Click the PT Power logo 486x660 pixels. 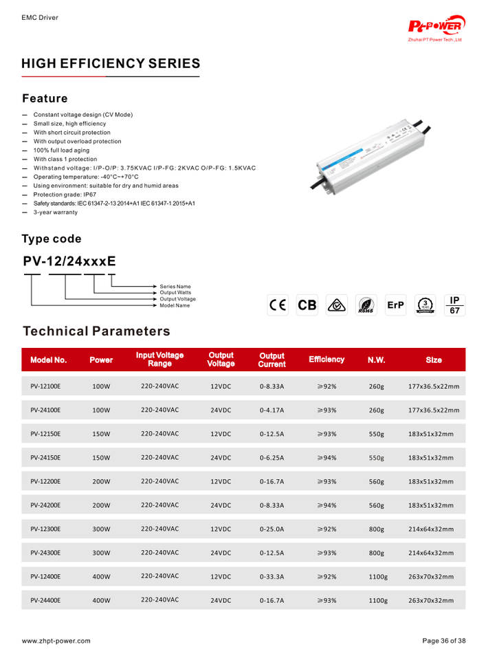tap(437, 27)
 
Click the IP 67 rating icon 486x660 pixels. tap(454, 305)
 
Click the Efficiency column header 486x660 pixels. tap(327, 360)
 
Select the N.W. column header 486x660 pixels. tap(377, 360)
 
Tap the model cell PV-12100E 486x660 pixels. tap(45, 386)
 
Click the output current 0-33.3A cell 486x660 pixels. tap(272, 577)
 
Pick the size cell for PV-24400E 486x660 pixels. tap(431, 600)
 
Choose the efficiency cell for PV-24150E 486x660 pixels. tap(327, 457)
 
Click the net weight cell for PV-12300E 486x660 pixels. tap(377, 529)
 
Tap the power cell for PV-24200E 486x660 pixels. tap(101, 505)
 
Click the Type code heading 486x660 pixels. tap(52, 239)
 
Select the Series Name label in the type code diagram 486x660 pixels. tap(175, 286)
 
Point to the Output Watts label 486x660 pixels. tap(175, 292)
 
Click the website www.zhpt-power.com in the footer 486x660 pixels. tap(56, 641)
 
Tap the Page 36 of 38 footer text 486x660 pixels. tap(443, 641)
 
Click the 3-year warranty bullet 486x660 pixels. tap(56, 212)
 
